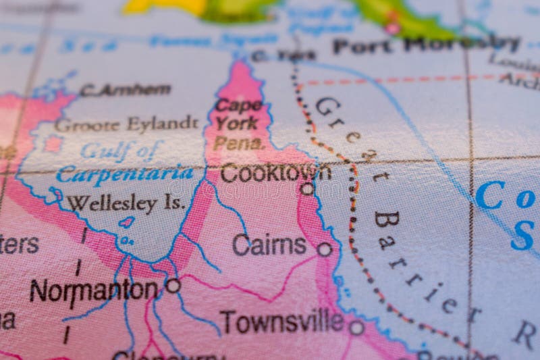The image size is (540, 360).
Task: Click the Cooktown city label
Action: (275, 172)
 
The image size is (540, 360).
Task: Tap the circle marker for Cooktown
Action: (307, 188)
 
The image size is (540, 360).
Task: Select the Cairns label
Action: (269, 245)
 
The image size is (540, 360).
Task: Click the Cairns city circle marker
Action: (325, 249)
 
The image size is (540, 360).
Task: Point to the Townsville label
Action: (281, 322)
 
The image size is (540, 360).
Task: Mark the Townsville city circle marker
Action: (356, 328)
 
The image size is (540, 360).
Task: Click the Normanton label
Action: (93, 290)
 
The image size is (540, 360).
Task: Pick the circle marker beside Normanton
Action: (173, 286)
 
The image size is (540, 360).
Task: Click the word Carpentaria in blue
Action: (125, 174)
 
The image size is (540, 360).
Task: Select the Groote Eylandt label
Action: (126, 124)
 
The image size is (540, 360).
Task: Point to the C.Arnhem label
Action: (125, 89)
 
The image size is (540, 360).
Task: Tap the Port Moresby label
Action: (426, 45)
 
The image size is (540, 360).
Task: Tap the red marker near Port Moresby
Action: (392, 28)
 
